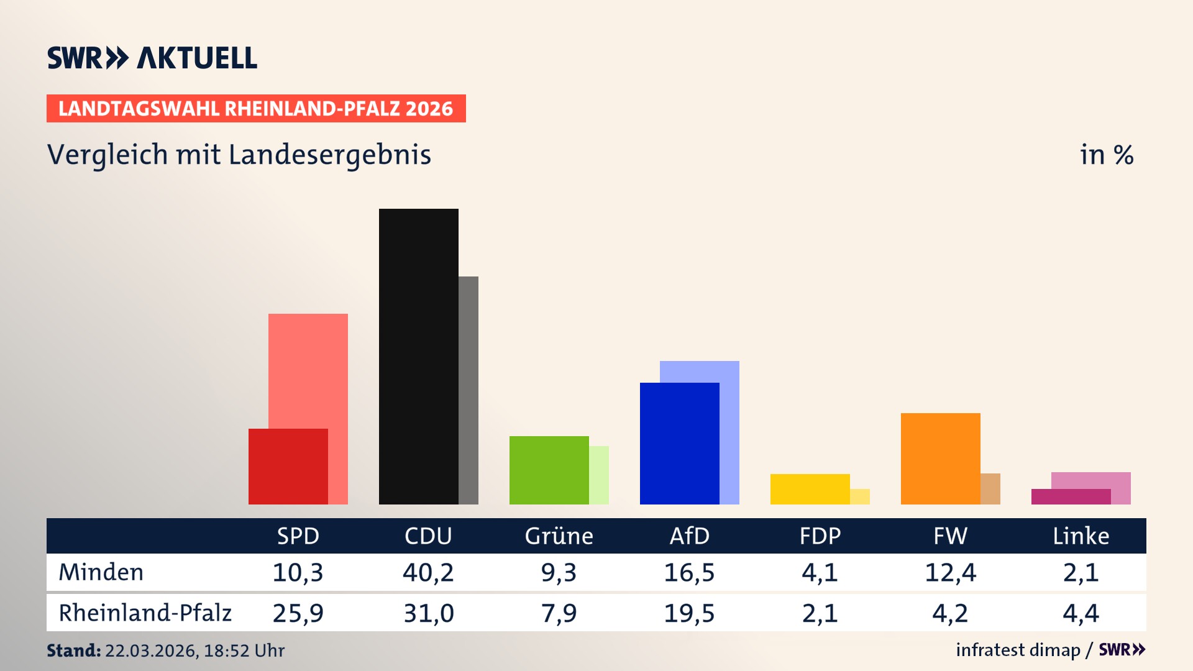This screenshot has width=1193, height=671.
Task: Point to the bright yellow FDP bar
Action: (810, 489)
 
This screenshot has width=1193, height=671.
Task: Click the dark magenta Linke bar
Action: (1071, 496)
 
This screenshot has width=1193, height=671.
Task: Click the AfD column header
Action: (689, 536)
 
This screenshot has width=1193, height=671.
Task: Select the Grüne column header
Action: (559, 536)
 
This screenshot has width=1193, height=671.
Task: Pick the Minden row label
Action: (101, 572)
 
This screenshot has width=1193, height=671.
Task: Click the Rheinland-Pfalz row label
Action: (145, 613)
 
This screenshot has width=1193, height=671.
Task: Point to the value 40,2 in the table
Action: (428, 572)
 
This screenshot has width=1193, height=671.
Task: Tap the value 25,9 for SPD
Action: (298, 613)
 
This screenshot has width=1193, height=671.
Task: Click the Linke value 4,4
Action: (1081, 613)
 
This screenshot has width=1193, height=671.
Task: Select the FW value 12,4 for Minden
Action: (950, 572)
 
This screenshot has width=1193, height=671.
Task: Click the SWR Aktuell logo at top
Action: (152, 58)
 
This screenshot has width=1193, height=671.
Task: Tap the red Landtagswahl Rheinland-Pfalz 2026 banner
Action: (256, 108)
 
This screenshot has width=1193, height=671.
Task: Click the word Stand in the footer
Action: (73, 650)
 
